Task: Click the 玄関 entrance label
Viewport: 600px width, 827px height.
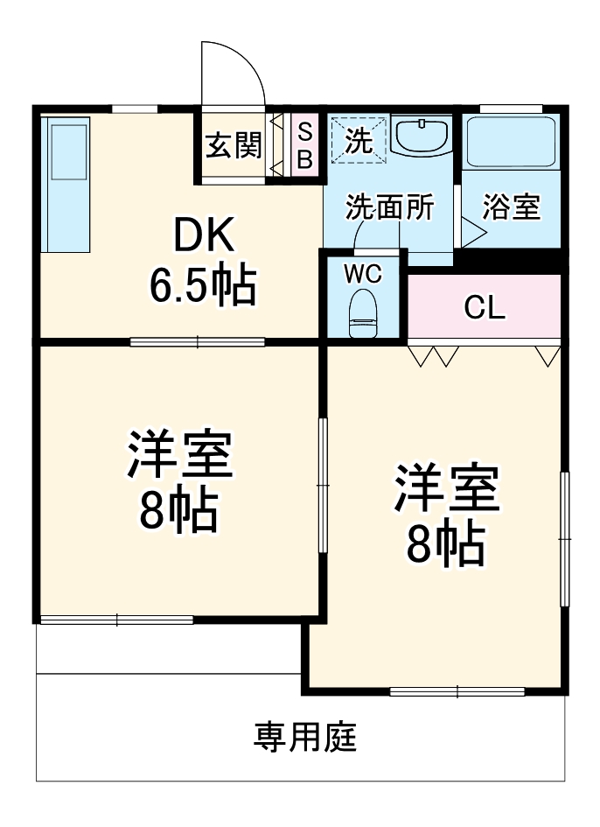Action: pos(234,144)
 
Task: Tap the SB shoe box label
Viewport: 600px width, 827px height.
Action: pos(304,145)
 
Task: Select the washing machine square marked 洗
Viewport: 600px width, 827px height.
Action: pos(358,140)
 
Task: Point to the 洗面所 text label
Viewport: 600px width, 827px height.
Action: pos(389,207)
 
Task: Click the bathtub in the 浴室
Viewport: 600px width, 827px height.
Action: pos(511,142)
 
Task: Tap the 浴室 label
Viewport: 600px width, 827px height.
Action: pos(512,207)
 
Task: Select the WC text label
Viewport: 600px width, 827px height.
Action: pos(361,273)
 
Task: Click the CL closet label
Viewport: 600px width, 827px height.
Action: pos(484,307)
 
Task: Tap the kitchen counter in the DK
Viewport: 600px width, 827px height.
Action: pos(66,186)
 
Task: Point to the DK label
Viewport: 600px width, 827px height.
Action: pos(203,235)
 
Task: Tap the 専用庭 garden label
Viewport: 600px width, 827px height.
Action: pos(305,739)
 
